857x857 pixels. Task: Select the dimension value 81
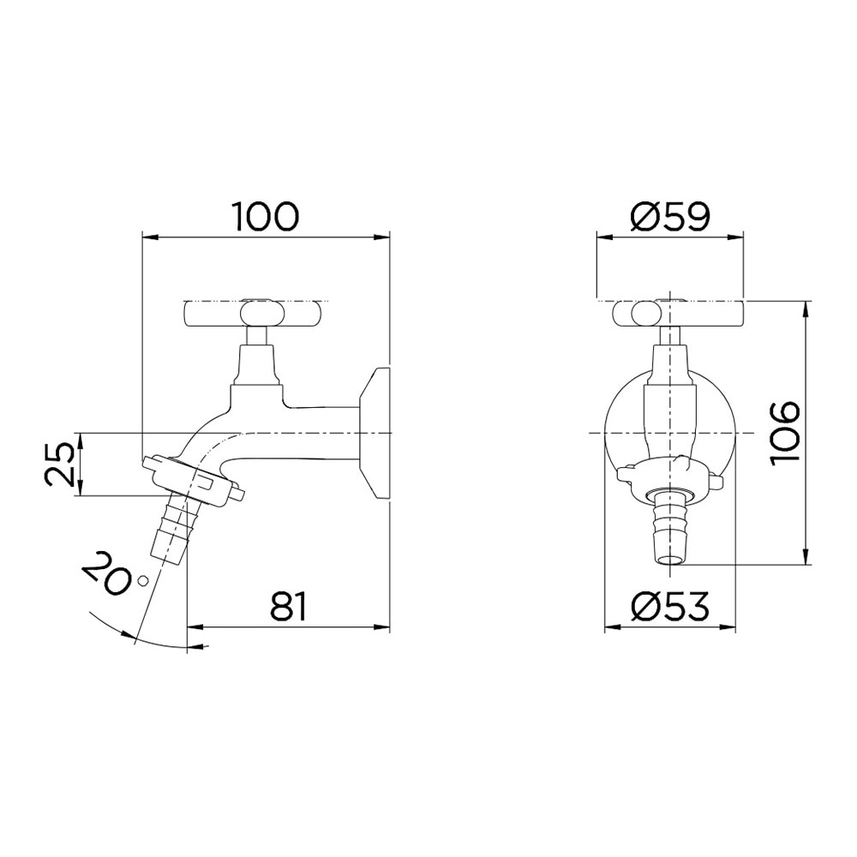click(288, 608)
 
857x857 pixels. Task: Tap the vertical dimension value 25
click(61, 464)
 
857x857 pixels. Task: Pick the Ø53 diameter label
click(669, 608)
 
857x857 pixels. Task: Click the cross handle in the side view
click(255, 313)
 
